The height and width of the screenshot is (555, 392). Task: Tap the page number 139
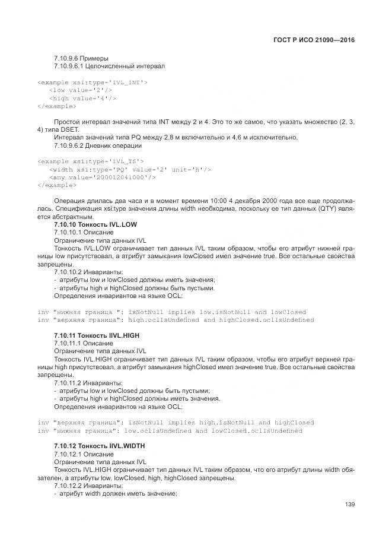(x=349, y=505)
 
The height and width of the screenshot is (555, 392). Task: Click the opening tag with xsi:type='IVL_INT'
(x=93, y=82)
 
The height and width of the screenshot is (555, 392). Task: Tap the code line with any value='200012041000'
(x=103, y=177)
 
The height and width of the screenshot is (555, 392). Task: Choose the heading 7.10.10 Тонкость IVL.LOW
(x=95, y=225)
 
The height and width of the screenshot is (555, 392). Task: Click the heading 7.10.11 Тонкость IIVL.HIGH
(x=96, y=335)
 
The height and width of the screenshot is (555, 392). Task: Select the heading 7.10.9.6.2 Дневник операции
(x=97, y=145)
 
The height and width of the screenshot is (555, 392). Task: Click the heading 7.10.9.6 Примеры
(x=81, y=58)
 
